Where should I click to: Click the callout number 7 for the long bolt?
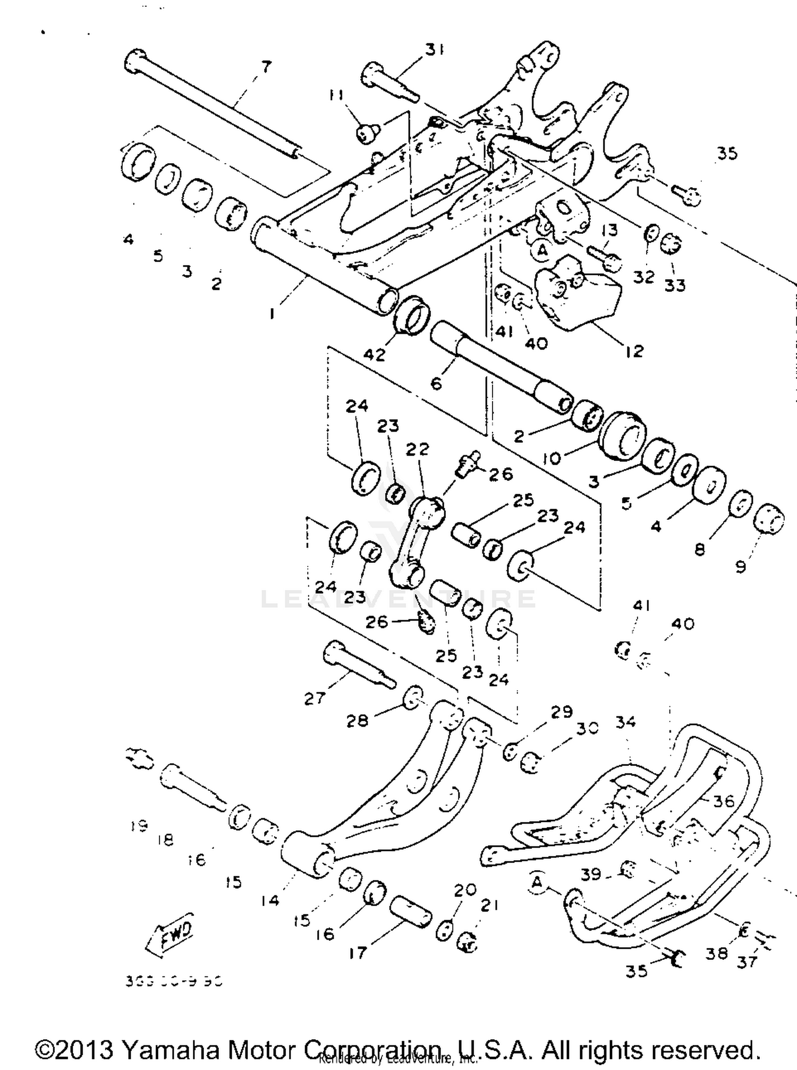pyautogui.click(x=266, y=67)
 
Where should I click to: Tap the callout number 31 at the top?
pyautogui.click(x=434, y=49)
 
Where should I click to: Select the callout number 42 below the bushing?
pyautogui.click(x=375, y=354)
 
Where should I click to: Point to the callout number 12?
pyautogui.click(x=634, y=351)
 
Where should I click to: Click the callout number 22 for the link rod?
pyautogui.click(x=417, y=449)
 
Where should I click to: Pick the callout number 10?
pyautogui.click(x=552, y=458)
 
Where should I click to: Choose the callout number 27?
pyautogui.click(x=315, y=698)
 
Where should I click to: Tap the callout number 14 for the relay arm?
pyautogui.click(x=270, y=900)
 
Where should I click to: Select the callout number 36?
pyautogui.click(x=723, y=801)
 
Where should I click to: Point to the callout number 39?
pyautogui.click(x=591, y=873)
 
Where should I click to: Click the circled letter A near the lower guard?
pyautogui.click(x=537, y=882)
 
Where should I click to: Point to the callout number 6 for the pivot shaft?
pyautogui.click(x=436, y=383)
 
